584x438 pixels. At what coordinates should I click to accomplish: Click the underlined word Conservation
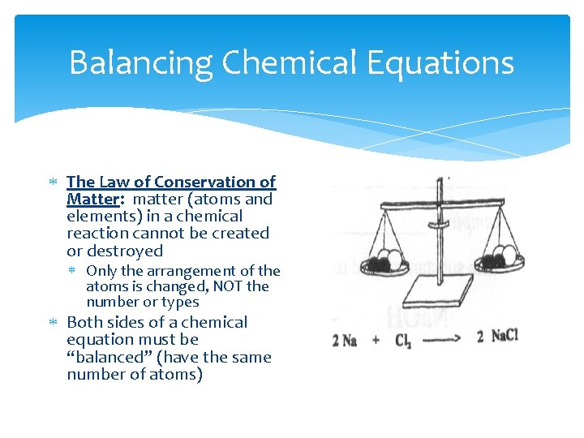pyautogui.click(x=204, y=182)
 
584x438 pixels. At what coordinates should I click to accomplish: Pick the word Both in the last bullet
pyautogui.click(x=84, y=322)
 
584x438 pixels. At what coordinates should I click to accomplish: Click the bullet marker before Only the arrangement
pyautogui.click(x=75, y=271)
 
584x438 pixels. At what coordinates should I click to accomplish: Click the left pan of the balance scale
pyautogui.click(x=383, y=264)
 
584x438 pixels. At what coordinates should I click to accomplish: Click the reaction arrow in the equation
pyautogui.click(x=439, y=338)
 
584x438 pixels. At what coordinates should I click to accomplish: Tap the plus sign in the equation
pyautogui.click(x=376, y=339)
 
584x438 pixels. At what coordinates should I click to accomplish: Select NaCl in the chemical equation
pyautogui.click(x=504, y=336)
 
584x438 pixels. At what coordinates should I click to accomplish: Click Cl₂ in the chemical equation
pyautogui.click(x=403, y=340)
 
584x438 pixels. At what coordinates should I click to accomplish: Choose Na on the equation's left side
pyautogui.click(x=349, y=339)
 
